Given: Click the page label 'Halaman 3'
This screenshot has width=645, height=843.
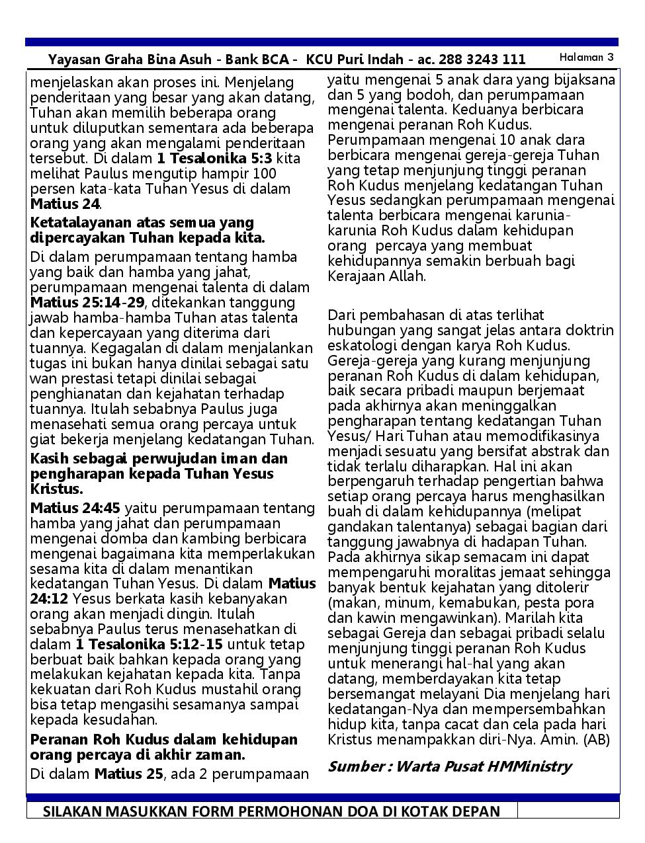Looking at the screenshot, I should click(x=586, y=58).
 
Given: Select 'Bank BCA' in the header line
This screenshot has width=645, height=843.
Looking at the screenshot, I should click(x=257, y=60).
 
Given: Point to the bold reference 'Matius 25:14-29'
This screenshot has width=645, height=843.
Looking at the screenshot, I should click(x=87, y=303).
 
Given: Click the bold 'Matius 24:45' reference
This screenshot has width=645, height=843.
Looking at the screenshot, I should click(x=75, y=508).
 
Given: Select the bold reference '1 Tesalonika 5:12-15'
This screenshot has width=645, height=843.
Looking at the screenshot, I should click(x=149, y=645).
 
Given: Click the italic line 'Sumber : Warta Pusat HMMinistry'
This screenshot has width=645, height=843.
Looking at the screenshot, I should click(x=449, y=767).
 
